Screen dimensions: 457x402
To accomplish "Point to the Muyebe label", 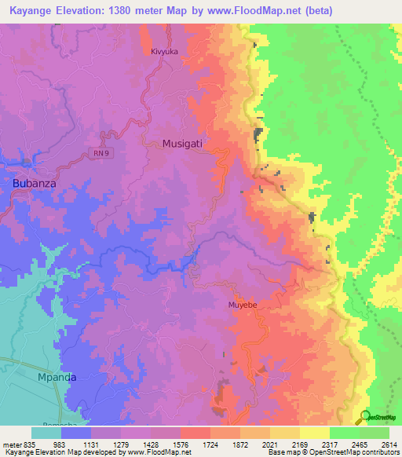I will coord(243,304).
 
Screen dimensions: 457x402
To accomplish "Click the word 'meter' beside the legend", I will coord(11,444).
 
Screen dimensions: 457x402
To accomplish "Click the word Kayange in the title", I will coord(30,11).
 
